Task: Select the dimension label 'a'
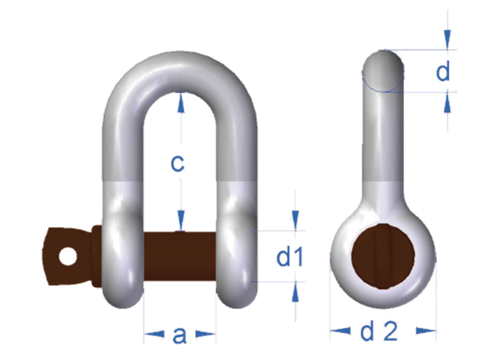pos(180,335)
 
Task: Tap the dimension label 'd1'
pos(290,258)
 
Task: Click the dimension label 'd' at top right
pos(443,72)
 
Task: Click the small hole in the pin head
pos(69,256)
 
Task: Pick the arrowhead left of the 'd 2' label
pos(341,331)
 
